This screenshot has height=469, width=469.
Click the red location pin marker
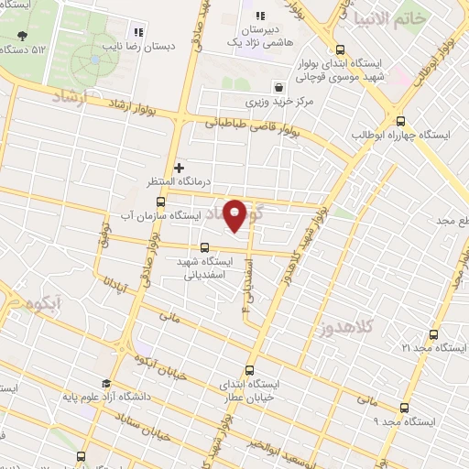click(235, 214)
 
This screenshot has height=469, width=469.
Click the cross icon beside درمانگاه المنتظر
click(179, 168)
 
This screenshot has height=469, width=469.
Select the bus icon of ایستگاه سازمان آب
click(160, 202)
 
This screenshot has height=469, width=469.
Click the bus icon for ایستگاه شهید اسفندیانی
click(204, 247)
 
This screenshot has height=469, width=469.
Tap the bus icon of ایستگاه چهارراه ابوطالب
click(399, 120)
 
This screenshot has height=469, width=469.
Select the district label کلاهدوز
click(346, 327)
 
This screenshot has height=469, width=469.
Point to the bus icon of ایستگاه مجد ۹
click(404, 409)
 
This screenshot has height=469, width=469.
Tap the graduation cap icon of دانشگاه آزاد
click(105, 384)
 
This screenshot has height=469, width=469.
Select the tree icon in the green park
click(22, 37)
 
